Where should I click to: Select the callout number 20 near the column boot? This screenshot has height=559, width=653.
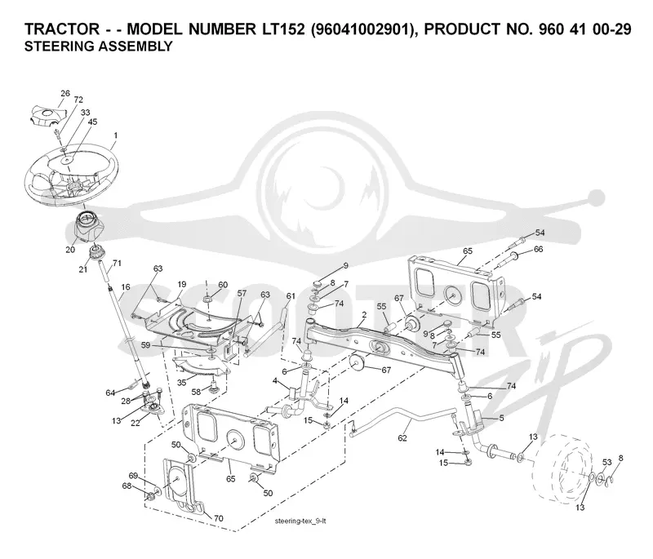(70, 250)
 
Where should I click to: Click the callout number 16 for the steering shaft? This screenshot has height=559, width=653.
(126, 286)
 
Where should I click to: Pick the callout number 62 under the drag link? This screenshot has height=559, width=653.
(402, 438)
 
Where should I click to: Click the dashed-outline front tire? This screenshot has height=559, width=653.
(562, 467)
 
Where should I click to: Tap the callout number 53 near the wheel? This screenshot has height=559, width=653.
(606, 462)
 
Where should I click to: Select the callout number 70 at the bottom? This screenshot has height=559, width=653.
(218, 518)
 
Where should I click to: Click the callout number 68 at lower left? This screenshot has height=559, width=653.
(127, 486)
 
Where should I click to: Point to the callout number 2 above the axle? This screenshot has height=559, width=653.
(364, 315)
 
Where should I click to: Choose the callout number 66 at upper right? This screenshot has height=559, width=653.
(539, 249)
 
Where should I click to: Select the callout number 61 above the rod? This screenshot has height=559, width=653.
(291, 296)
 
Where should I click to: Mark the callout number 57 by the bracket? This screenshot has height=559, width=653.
(242, 294)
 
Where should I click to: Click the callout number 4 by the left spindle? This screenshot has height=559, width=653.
(275, 381)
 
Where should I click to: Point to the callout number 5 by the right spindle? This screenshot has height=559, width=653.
(501, 418)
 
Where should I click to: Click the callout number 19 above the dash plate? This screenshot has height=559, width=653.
(181, 285)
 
